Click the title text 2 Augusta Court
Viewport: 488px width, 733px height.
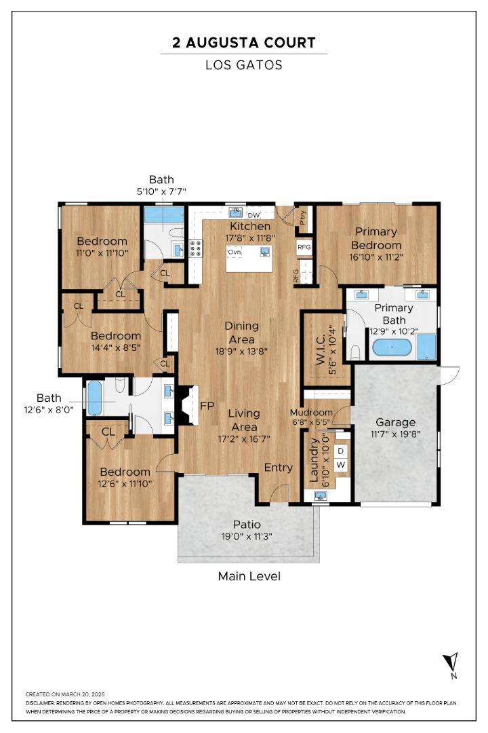(243, 43)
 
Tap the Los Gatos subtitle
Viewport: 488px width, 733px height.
(243, 65)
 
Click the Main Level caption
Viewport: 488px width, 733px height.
(249, 576)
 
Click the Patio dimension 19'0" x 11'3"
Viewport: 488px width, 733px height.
(247, 536)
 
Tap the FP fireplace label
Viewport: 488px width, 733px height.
(207, 406)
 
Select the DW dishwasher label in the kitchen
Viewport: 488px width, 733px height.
(253, 216)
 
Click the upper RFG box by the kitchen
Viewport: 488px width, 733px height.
(304, 247)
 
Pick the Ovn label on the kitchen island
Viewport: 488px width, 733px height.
(235, 252)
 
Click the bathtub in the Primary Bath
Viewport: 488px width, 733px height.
(391, 349)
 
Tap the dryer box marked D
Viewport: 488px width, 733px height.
(341, 451)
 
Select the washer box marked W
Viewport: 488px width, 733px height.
(341, 465)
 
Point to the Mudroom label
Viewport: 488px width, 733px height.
(311, 412)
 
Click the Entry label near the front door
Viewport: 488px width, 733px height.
(278, 467)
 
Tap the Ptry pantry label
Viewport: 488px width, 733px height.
(302, 217)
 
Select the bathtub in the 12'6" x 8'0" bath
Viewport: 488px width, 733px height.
(94, 398)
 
